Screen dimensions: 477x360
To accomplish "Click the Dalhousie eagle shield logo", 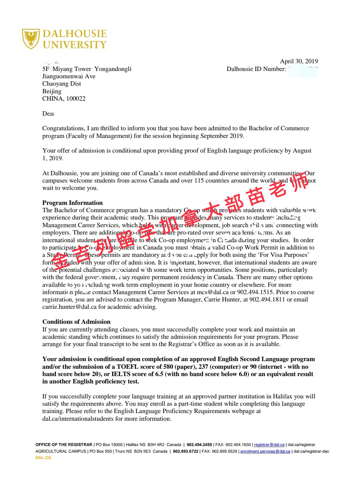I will pos(31,39).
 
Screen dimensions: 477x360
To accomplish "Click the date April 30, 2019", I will pos(299,61).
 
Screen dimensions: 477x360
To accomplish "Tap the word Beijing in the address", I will pos(52,91).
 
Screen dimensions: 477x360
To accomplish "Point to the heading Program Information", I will pos(72,203).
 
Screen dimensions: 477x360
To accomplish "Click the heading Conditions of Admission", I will pos(76,322).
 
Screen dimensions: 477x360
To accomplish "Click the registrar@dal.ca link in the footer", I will pos(269,445).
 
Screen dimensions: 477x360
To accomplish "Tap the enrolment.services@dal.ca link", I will pos(265,451).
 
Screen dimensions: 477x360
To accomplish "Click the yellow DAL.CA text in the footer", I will pos(43,458).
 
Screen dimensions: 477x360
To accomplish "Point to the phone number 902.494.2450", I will pos(199,445).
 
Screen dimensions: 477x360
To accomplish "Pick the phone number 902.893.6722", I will pos(185,451).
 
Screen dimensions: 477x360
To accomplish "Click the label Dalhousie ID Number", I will pos(256,69).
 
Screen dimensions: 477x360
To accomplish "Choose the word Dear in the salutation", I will pos(48,114).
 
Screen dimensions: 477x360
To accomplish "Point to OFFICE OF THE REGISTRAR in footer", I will pos(64,445).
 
